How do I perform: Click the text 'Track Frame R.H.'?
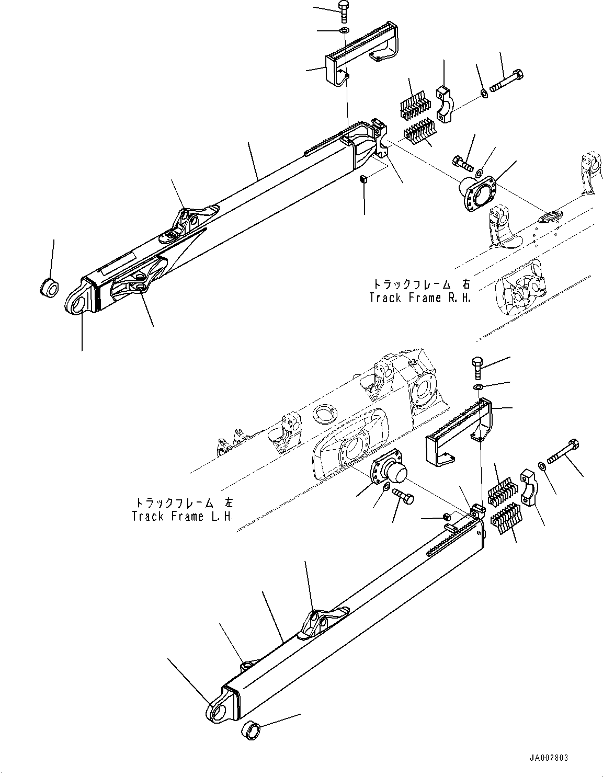click(x=420, y=298)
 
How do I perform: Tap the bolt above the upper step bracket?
click(x=344, y=10)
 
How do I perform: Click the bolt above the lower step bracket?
click(x=478, y=368)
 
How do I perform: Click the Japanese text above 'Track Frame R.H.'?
click(x=420, y=284)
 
